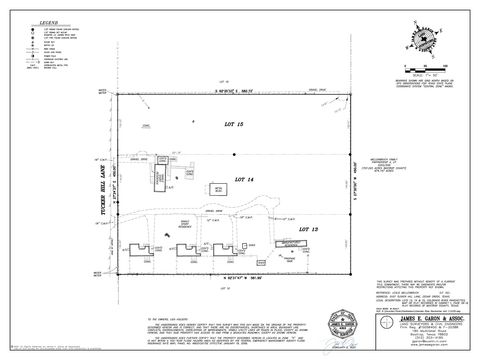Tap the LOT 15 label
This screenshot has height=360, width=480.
point(234,120)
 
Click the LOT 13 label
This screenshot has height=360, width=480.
point(308,228)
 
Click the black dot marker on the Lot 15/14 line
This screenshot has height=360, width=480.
point(234,155)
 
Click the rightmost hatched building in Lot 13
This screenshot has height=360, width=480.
point(291,243)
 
